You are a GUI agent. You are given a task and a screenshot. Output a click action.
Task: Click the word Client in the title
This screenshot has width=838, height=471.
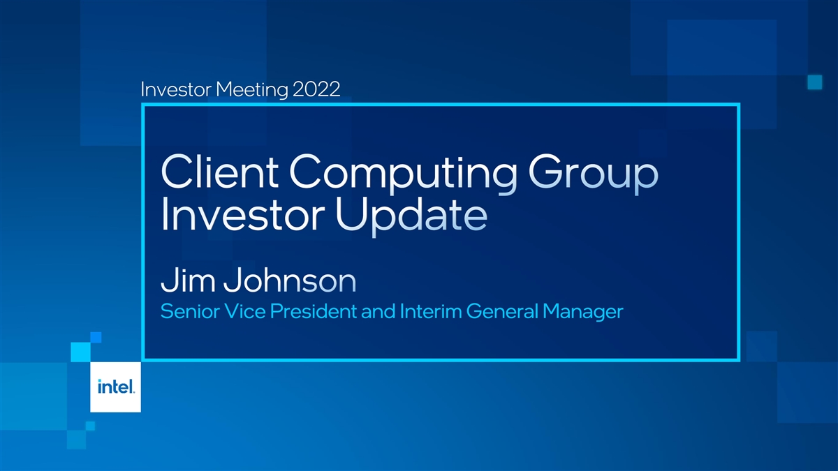219,172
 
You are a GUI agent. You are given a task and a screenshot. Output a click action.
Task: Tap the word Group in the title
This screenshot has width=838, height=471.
593,174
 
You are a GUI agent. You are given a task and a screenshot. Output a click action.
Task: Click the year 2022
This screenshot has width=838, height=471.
316,89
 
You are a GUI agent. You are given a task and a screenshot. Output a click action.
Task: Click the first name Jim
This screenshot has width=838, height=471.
188,280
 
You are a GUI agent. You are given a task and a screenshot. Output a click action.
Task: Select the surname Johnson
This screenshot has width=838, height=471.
290,280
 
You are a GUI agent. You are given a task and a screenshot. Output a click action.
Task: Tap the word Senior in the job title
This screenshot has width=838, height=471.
190,311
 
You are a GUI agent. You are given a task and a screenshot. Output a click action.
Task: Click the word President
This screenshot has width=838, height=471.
314,311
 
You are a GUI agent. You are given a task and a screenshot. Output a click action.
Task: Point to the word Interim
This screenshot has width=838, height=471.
431,311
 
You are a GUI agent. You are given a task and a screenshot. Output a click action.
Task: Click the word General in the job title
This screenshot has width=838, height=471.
502,311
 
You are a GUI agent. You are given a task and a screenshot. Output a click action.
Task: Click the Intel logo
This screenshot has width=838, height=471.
116,387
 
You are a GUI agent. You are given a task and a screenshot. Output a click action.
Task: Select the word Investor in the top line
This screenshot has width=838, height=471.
176,89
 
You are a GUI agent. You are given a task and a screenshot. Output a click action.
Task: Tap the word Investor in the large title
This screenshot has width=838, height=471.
242,216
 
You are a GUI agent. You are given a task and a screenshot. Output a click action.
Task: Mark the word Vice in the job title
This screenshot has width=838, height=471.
244,311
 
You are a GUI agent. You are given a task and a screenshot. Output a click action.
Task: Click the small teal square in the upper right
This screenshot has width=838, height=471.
815,82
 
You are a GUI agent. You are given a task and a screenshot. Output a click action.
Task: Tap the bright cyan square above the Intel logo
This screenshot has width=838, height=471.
81,352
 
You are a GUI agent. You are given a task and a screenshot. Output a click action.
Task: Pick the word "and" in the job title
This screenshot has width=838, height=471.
378,311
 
